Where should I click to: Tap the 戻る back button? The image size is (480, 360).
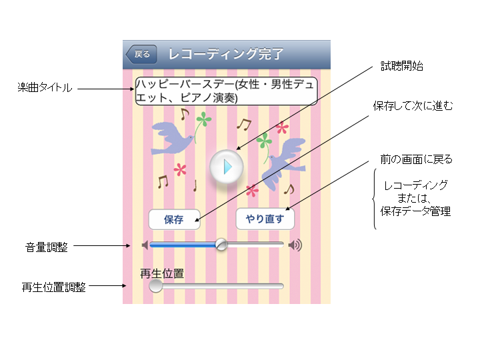[x=141, y=54]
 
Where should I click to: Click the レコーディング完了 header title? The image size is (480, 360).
[x=226, y=54]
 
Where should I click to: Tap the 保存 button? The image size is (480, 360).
[x=174, y=219]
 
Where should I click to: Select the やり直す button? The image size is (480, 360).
[x=265, y=219]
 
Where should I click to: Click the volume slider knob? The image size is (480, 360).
[x=221, y=245]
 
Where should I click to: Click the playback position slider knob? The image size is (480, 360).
[x=155, y=286]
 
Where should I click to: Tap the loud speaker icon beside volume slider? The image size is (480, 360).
[x=295, y=245]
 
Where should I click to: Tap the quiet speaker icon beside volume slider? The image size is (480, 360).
[x=145, y=245]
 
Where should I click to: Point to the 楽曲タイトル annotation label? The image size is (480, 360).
[x=45, y=88]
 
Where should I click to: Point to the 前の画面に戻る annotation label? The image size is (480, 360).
[x=412, y=159]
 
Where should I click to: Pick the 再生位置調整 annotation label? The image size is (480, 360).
[x=53, y=288]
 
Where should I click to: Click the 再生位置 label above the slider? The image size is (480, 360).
[x=161, y=273]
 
